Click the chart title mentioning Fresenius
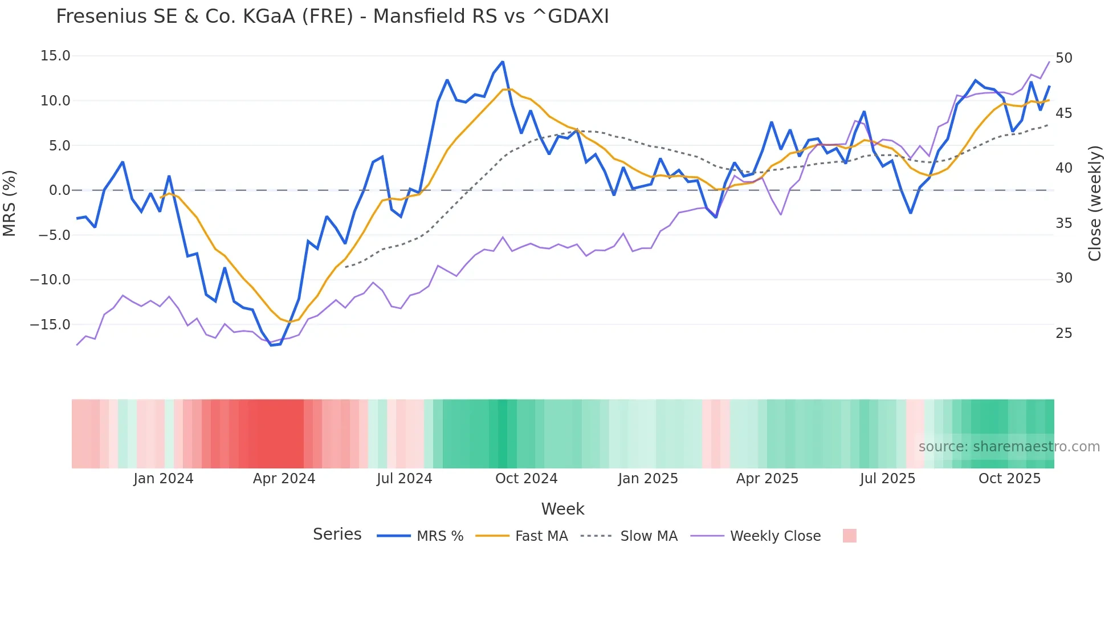(x=332, y=17)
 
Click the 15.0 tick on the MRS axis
(x=55, y=56)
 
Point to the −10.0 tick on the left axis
(x=50, y=280)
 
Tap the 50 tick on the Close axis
(x=1063, y=58)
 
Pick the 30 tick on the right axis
(x=1063, y=278)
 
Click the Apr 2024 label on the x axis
(x=284, y=479)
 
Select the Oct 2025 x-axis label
(x=1009, y=479)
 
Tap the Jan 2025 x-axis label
(x=648, y=479)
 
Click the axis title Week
(x=562, y=509)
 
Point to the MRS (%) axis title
(x=10, y=203)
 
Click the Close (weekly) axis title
(x=1095, y=203)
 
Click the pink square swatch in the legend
(x=849, y=536)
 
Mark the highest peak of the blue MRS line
(x=503, y=62)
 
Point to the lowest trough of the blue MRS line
(x=271, y=345)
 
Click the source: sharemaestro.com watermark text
(x=1009, y=447)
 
